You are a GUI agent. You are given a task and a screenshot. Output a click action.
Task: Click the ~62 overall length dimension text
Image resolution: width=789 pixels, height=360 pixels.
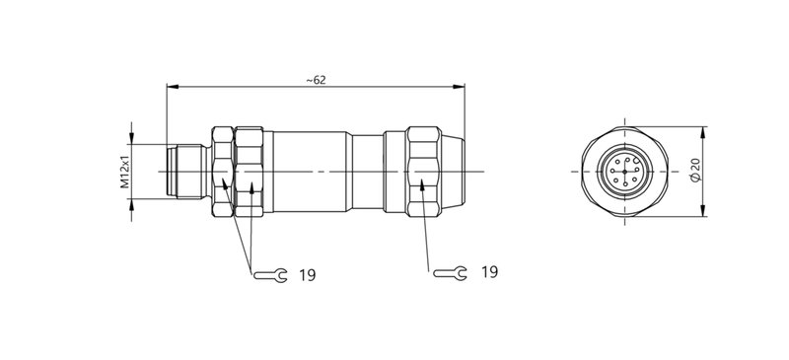pyautogui.click(x=316, y=80)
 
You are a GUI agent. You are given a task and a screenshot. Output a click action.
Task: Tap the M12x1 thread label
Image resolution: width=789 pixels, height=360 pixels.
pyautogui.click(x=125, y=171)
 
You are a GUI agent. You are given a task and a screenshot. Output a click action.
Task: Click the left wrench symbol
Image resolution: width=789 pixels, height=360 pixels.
pyautogui.click(x=268, y=275)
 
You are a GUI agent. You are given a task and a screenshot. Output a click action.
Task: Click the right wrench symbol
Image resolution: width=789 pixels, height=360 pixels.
pyautogui.click(x=450, y=272)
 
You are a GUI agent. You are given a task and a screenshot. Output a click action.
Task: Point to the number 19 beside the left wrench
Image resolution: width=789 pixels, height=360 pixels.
pyautogui.click(x=307, y=275)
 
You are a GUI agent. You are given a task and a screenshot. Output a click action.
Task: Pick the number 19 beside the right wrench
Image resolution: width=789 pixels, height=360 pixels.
pyautogui.click(x=489, y=271)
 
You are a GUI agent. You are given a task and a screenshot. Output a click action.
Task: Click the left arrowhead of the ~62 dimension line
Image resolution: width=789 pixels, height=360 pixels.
pyautogui.click(x=171, y=87)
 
